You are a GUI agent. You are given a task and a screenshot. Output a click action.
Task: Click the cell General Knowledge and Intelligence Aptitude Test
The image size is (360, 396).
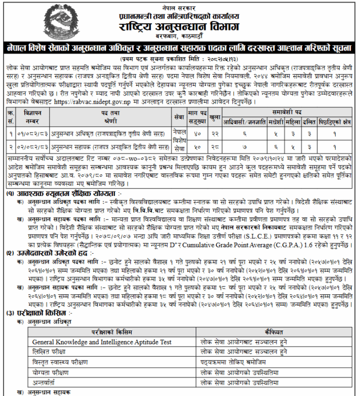[x=103, y=341]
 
